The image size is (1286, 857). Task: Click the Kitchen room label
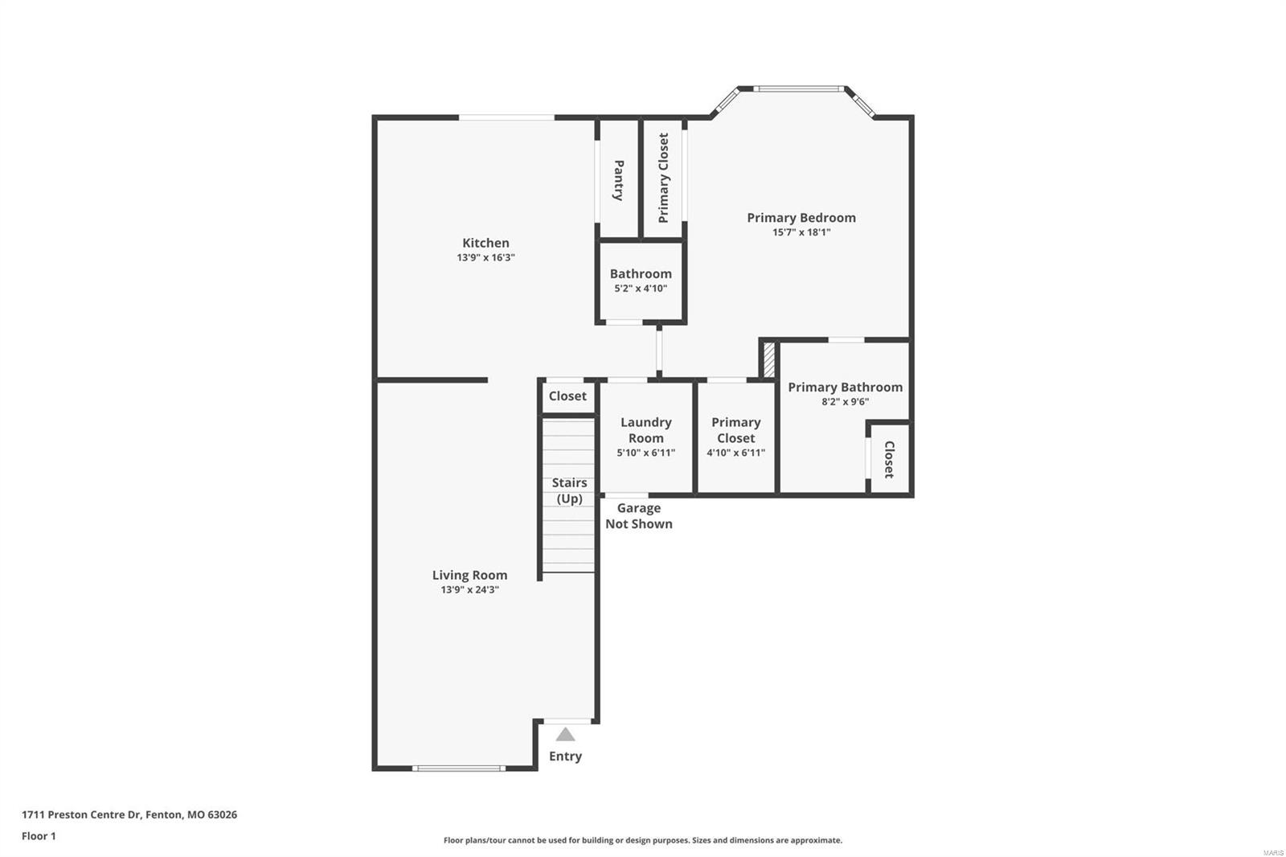(485, 243)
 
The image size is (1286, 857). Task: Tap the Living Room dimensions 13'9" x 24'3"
(469, 589)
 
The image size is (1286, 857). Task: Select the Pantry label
(619, 180)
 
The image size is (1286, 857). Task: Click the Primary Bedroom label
(801, 217)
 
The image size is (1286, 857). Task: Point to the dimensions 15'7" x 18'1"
(801, 232)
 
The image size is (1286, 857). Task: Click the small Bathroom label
(641, 273)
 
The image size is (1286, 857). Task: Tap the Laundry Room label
(645, 430)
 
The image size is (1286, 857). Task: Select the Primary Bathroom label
(845, 387)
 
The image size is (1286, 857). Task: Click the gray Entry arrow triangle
(565, 734)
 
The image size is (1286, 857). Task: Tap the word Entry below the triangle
(565, 756)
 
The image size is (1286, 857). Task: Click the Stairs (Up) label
(569, 490)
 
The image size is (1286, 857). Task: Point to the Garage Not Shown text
(638, 515)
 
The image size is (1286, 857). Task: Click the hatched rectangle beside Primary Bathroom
(768, 359)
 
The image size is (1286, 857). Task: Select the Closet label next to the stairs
(567, 396)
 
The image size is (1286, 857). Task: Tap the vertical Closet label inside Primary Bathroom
(889, 459)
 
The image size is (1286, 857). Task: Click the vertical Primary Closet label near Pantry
(663, 178)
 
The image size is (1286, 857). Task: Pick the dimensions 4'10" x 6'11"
(735, 453)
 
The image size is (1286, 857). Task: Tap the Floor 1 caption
(39, 836)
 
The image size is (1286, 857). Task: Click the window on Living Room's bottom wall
(458, 768)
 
